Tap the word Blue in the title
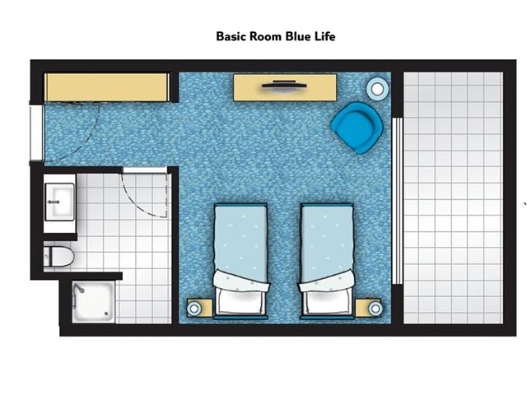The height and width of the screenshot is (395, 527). pos(299,36)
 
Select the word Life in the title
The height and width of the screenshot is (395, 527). pos(325,36)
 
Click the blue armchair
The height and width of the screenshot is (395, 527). pos(357,128)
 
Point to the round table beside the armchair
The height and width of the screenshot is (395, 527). pos(377,89)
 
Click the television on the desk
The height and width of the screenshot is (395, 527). pos(284,84)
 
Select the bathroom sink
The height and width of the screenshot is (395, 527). pos(59,202)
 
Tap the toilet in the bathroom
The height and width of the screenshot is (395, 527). pos(58,257)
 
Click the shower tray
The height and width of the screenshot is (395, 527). pos(94,302)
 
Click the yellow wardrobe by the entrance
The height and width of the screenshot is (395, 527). pos(107,87)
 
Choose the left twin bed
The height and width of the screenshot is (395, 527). pos(241,261)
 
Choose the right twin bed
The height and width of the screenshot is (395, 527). pos(327,261)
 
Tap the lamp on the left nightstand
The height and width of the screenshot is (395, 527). pos(194,309)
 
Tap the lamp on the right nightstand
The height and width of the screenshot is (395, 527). pos(375,309)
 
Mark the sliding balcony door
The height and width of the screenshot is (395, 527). pos(397,201)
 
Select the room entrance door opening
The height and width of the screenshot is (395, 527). pos(36,133)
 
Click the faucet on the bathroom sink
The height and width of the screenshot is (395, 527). pos(54,202)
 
